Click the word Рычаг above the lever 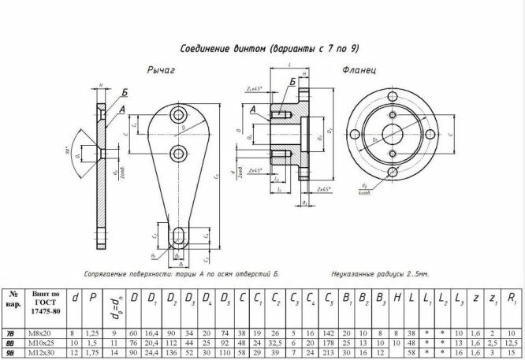(x=161, y=70)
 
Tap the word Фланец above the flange (x=359, y=69)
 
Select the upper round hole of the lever (x=177, y=117)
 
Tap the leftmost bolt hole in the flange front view (x=355, y=133)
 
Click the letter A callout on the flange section (x=252, y=110)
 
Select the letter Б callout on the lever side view (x=125, y=91)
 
